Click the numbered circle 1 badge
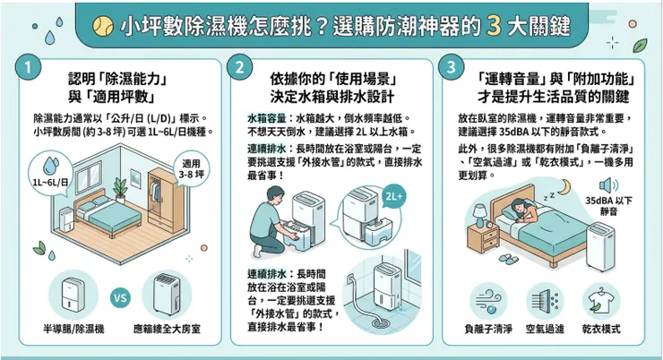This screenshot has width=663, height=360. pos(30,69)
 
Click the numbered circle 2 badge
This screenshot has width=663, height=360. pos(241,69)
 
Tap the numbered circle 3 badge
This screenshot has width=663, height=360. pos(451,69)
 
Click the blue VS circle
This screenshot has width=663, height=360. pos(118,296)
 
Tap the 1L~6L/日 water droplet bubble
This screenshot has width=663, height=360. pos(47,170)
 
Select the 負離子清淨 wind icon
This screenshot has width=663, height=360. pos(488,298)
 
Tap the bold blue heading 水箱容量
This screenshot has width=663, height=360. pos(265,118)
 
